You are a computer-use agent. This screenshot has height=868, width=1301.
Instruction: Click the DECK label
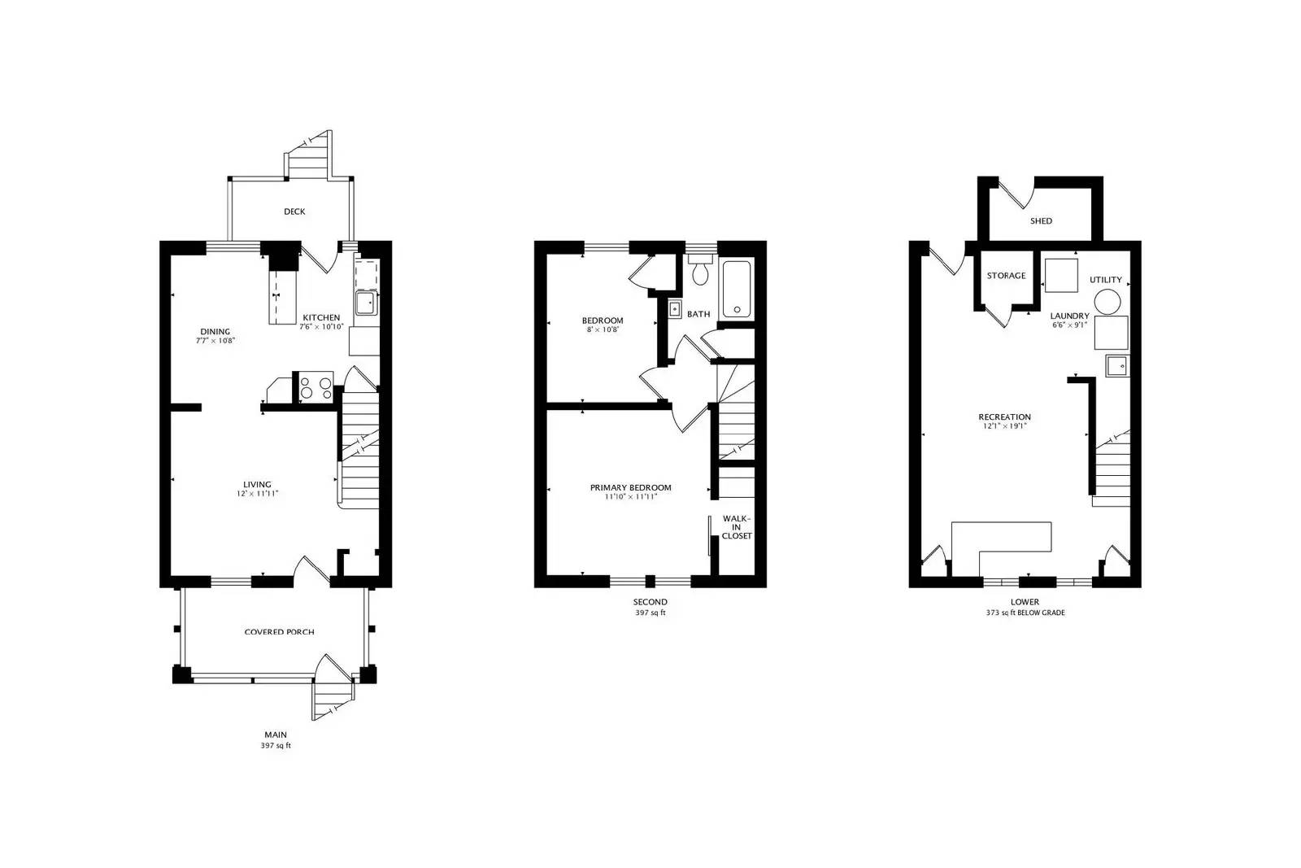294,212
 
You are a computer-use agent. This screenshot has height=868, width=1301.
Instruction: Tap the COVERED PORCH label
279,632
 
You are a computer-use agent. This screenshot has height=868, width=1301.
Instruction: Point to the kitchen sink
364,302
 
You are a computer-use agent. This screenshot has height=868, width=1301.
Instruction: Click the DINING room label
215,331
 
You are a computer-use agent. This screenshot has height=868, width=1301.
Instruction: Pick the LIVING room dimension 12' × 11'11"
257,494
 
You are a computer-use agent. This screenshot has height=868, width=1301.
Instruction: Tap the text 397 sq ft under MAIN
275,745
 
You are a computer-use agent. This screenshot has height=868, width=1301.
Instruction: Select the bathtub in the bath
738,289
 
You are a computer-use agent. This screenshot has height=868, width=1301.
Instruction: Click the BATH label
698,314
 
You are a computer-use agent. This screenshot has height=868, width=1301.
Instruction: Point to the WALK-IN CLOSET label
737,527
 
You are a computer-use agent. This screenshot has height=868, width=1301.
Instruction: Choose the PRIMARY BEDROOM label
631,487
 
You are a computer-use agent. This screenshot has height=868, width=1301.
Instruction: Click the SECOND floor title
650,602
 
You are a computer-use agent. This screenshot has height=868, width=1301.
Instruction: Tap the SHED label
1041,220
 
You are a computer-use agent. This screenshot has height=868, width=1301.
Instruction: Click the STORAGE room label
1006,276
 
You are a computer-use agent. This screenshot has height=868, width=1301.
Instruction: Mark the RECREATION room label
1004,417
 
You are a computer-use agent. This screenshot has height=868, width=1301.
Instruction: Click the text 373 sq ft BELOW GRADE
1025,613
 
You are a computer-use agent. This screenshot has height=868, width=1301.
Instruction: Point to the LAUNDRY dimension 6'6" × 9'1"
1070,325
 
